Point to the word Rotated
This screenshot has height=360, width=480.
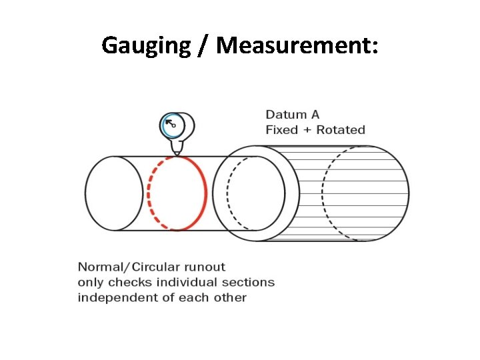[x=341, y=129]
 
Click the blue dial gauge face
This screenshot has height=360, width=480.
[x=172, y=124]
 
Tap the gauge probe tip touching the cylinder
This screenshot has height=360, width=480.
[x=176, y=154]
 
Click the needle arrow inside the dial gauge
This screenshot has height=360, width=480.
[x=170, y=123]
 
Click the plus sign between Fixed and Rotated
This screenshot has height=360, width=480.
[x=307, y=129]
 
